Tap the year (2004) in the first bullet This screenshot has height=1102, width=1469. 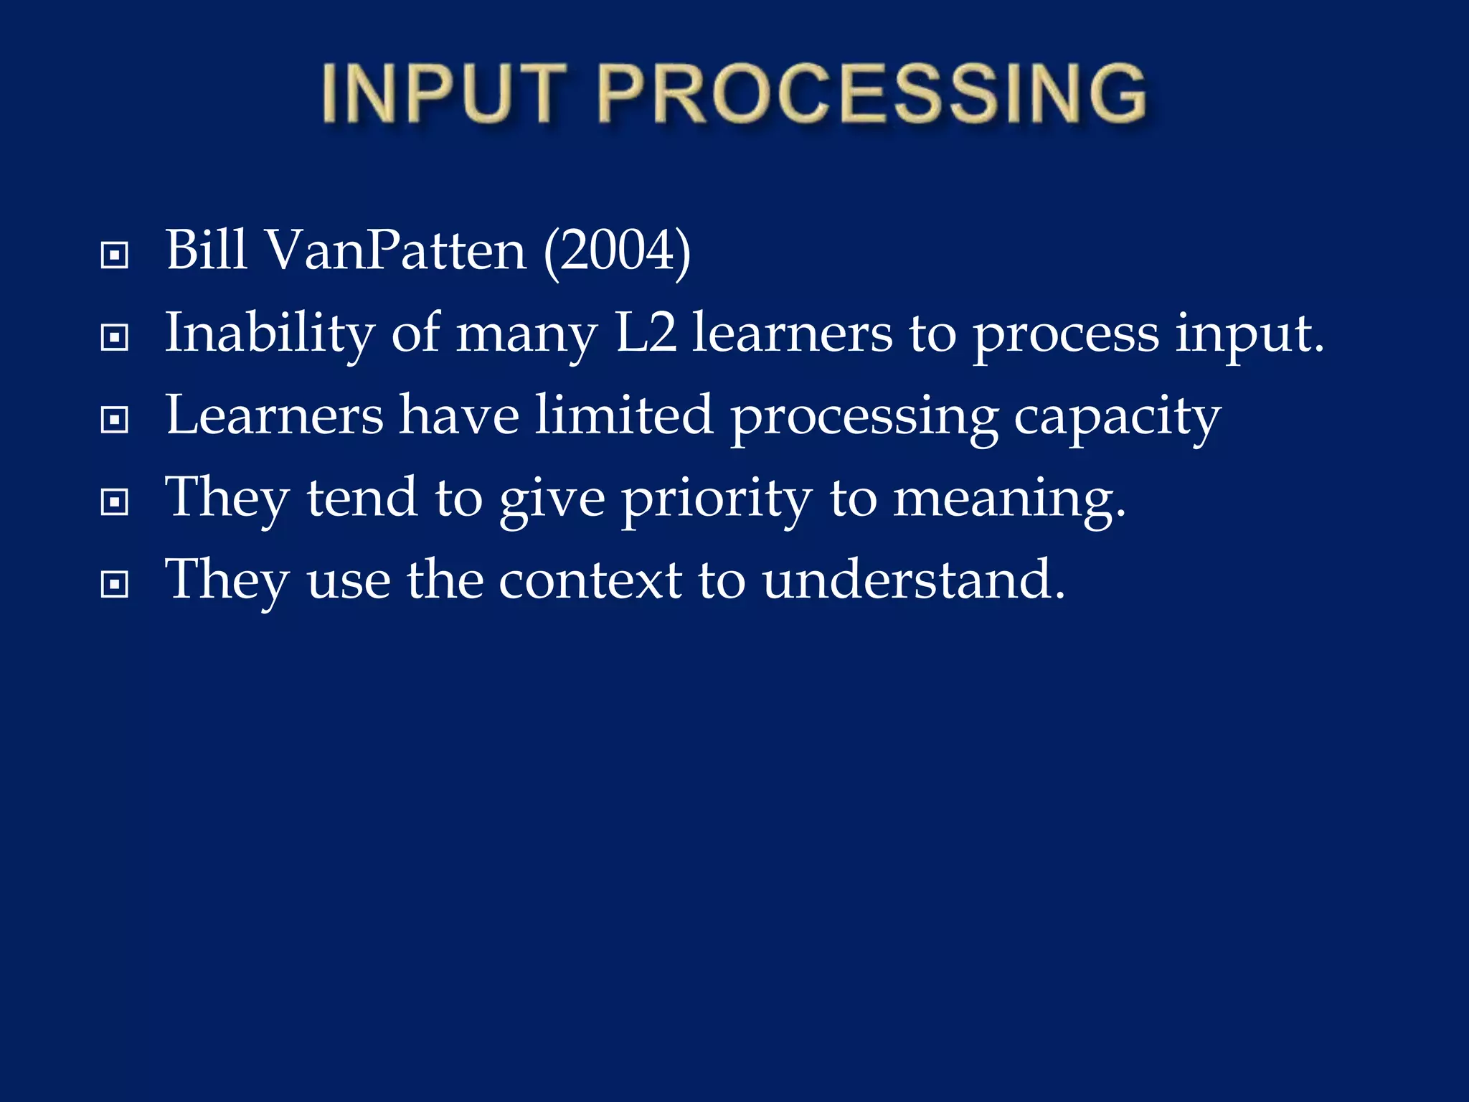coord(617,251)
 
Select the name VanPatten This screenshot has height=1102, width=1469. coord(396,251)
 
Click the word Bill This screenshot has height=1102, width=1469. coord(207,251)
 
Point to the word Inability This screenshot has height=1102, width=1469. coord(270,334)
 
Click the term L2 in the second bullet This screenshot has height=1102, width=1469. coord(646,334)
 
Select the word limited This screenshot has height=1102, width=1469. coord(623,416)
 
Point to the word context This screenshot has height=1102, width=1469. coord(590,581)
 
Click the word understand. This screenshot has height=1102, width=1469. coord(913,581)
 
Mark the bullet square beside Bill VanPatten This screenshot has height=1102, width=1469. coord(115,255)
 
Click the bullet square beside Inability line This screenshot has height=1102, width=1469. coord(115,337)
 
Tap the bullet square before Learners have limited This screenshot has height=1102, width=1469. coord(115,420)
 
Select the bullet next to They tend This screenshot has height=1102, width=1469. coord(115,502)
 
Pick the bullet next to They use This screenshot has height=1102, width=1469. coord(115,585)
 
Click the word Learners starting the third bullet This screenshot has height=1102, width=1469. coord(274,416)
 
